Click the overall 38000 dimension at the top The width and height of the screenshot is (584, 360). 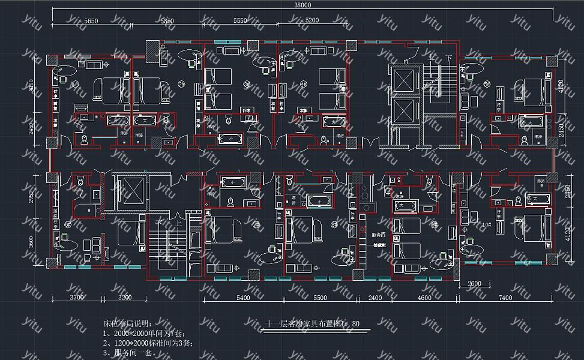(303, 5)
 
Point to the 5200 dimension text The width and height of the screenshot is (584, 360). (312, 20)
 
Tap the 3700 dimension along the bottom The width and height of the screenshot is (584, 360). (77, 298)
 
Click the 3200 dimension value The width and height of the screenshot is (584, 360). (125, 298)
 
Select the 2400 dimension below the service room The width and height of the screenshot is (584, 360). (375, 298)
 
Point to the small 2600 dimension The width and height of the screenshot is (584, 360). (474, 284)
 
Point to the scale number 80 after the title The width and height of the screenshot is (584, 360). (356, 324)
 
